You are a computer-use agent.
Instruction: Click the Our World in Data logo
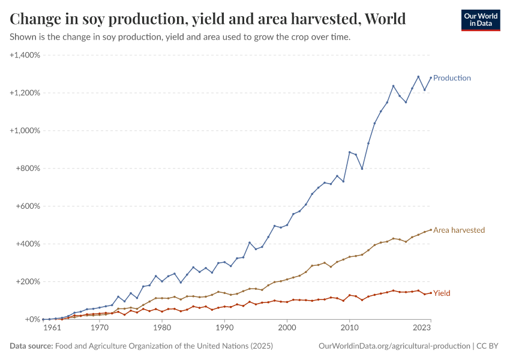coord(480,20)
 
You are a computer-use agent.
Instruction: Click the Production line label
coord(452,78)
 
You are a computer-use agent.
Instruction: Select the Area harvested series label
coord(459,230)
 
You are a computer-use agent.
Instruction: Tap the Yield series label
coord(442,293)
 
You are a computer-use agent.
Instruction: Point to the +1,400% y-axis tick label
coord(25,55)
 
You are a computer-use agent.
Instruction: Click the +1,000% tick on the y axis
coord(25,131)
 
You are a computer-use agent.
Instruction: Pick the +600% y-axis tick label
coord(27,206)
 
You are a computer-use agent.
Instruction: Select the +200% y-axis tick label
coord(27,282)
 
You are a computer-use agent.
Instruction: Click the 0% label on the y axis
coord(32,320)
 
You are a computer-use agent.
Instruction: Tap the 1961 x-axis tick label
coord(52,329)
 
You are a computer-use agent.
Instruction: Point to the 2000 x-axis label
coord(287,329)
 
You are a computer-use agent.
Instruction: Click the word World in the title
coord(383,19)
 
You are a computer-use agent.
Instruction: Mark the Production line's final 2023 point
coord(431,77)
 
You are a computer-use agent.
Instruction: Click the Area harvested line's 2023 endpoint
coord(431,229)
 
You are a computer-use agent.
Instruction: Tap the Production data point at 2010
coord(350,152)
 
